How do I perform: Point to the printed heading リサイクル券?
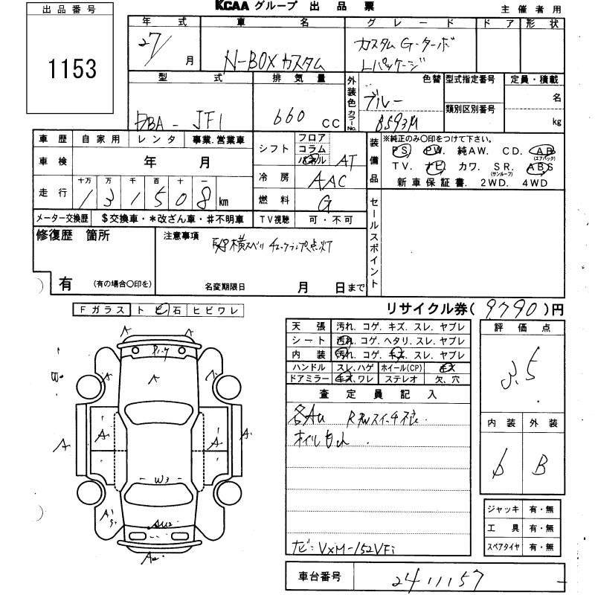pyautogui.click(x=428, y=308)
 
